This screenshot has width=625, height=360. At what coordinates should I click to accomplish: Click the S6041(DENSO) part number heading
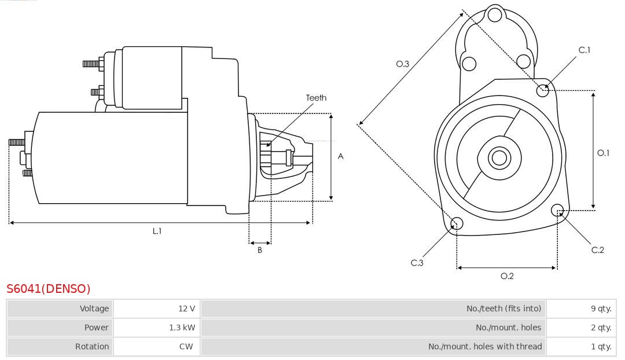coord(49,288)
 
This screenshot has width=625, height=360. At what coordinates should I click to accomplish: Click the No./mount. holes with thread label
coord(485,346)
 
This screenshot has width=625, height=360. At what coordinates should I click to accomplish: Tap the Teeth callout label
coord(316,98)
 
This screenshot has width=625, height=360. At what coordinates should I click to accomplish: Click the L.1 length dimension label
coord(157,230)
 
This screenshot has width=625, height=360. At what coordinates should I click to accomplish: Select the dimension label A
coord(341,156)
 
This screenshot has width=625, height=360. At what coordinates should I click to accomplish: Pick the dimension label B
coord(260,250)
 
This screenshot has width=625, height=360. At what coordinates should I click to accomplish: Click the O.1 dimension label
coord(603,153)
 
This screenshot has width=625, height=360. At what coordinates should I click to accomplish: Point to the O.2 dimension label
coord(507,275)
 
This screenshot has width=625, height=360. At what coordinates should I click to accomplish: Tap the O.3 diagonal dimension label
coord(403,64)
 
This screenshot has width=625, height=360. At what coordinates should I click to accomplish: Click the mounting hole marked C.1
coord(543,90)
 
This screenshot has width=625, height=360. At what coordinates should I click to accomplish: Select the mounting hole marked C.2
coord(558,210)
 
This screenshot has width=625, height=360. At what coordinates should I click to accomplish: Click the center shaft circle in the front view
coord(498,157)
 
